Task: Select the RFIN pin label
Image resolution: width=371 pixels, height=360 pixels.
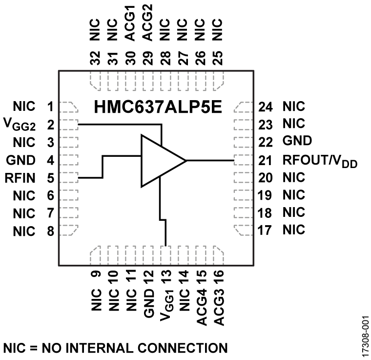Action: click(x=21, y=178)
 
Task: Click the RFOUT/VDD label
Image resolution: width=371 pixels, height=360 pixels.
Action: click(x=320, y=161)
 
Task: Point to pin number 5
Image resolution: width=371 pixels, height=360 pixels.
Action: click(x=50, y=178)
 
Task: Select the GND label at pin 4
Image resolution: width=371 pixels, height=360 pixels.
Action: click(x=21, y=160)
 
